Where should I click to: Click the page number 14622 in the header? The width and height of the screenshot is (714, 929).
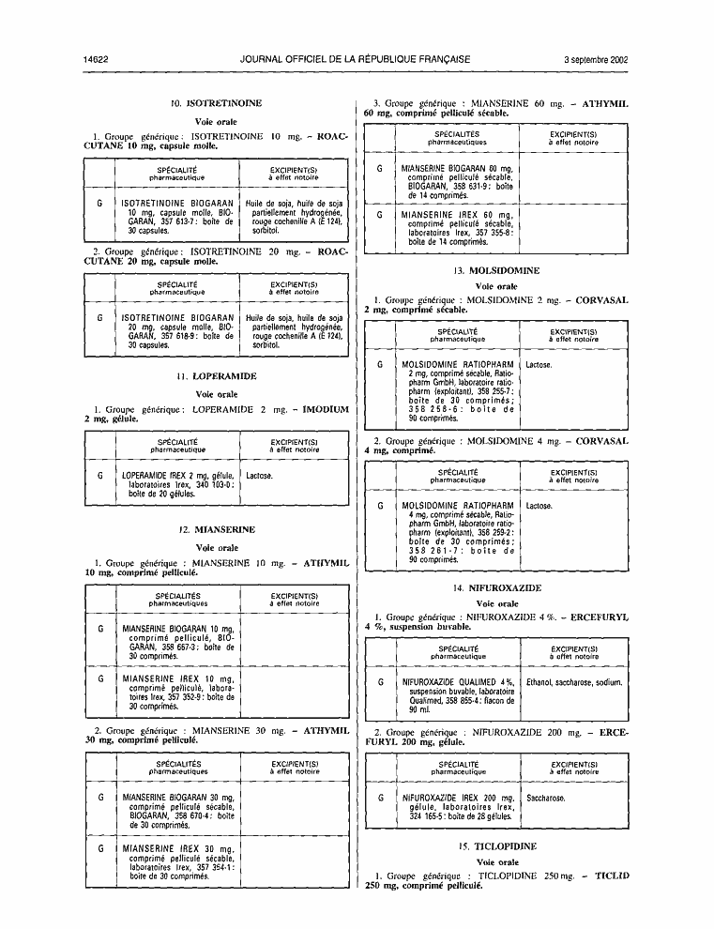[96, 59]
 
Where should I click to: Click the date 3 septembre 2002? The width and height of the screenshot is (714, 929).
[596, 59]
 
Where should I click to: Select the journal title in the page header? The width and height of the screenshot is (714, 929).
[355, 59]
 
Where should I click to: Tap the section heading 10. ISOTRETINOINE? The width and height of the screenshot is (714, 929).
[217, 103]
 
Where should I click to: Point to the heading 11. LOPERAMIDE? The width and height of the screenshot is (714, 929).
[217, 376]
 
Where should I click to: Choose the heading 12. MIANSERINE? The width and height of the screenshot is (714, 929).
[217, 529]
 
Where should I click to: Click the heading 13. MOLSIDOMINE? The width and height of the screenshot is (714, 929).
[496, 271]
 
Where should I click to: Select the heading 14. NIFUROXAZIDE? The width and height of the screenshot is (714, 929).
[497, 588]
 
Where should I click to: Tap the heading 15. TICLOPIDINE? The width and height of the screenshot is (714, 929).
[497, 846]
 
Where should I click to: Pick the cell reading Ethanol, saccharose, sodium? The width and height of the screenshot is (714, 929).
[574, 682]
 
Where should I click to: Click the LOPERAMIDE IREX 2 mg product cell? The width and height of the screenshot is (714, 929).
[178, 484]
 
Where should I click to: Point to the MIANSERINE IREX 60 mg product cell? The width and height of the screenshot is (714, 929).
[458, 228]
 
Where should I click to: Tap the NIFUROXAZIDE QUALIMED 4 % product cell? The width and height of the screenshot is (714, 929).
[458, 695]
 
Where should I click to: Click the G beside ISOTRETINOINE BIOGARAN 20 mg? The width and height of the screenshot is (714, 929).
[100, 318]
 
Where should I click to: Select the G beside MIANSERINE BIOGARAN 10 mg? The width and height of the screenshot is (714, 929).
[100, 630]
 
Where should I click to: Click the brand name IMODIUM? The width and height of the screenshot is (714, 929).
[326, 409]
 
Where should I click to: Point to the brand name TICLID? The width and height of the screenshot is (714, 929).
[612, 876]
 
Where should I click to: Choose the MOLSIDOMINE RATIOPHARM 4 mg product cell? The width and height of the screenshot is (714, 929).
[458, 533]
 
